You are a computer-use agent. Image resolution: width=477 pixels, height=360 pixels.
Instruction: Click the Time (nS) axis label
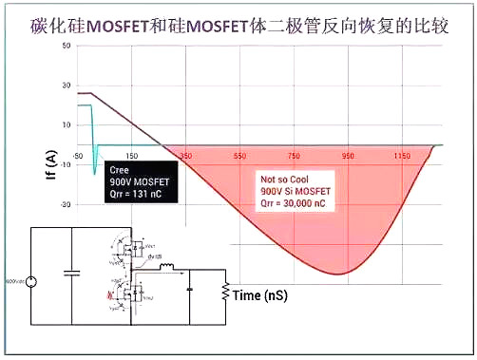coord(260,295)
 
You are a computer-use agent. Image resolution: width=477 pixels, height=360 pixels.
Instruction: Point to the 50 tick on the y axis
coord(67,46)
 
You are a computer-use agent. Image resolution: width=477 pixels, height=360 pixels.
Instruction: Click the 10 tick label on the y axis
coord(67,123)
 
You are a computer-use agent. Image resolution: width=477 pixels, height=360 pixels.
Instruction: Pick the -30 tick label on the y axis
coord(67,203)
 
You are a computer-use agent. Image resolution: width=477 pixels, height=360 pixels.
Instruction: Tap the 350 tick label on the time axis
coord(185,155)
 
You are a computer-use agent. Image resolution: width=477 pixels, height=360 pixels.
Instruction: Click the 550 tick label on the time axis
coord(239,155)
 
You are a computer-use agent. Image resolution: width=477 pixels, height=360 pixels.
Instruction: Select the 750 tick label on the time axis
coord(294,155)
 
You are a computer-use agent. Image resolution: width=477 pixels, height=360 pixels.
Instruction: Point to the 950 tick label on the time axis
coord(348,155)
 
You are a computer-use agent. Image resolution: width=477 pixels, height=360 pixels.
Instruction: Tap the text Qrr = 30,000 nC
coord(298,201)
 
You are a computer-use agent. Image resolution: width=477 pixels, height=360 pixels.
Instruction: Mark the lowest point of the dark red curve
coord(337,274)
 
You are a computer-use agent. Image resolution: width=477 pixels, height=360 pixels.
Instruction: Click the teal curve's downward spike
coord(94,172)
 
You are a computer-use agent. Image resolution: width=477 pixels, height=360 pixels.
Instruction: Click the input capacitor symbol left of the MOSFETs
coord(70,274)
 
